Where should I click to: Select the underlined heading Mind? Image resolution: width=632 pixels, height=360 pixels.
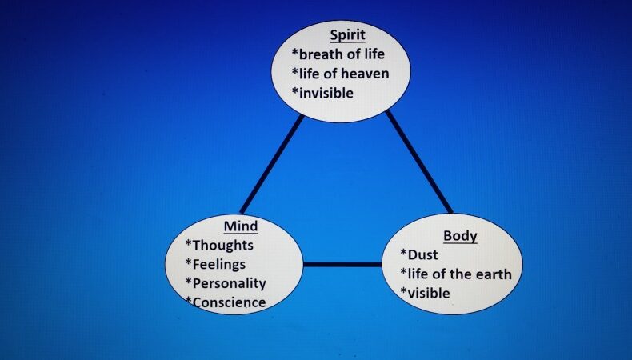coord(241,226)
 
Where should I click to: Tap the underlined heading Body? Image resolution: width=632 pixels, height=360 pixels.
coord(460,236)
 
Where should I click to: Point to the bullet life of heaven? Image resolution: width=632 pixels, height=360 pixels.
coord(343,74)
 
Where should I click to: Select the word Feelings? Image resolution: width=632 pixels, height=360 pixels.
coord(218,264)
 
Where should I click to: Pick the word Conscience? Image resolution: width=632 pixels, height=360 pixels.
coord(228,302)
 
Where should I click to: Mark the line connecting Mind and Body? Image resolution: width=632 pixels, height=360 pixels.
coord(342,264)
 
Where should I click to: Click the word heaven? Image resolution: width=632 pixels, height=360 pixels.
coord(367,74)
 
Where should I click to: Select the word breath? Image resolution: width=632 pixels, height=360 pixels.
coord(324,54)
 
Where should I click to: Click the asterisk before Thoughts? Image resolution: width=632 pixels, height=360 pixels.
coord(189,245)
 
